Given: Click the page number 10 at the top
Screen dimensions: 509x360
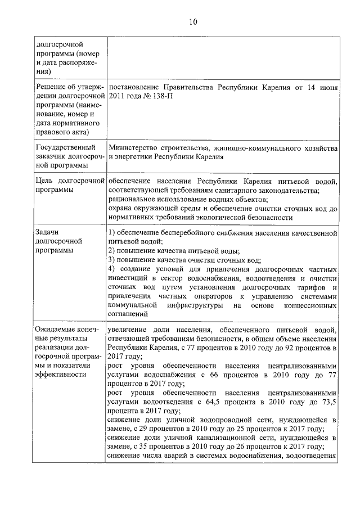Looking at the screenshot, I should [193, 22].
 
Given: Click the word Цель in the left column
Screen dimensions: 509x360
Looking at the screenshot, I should [45, 182].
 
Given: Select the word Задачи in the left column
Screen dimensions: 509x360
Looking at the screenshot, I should [48, 232].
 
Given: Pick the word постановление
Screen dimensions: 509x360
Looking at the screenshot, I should [136, 88].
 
